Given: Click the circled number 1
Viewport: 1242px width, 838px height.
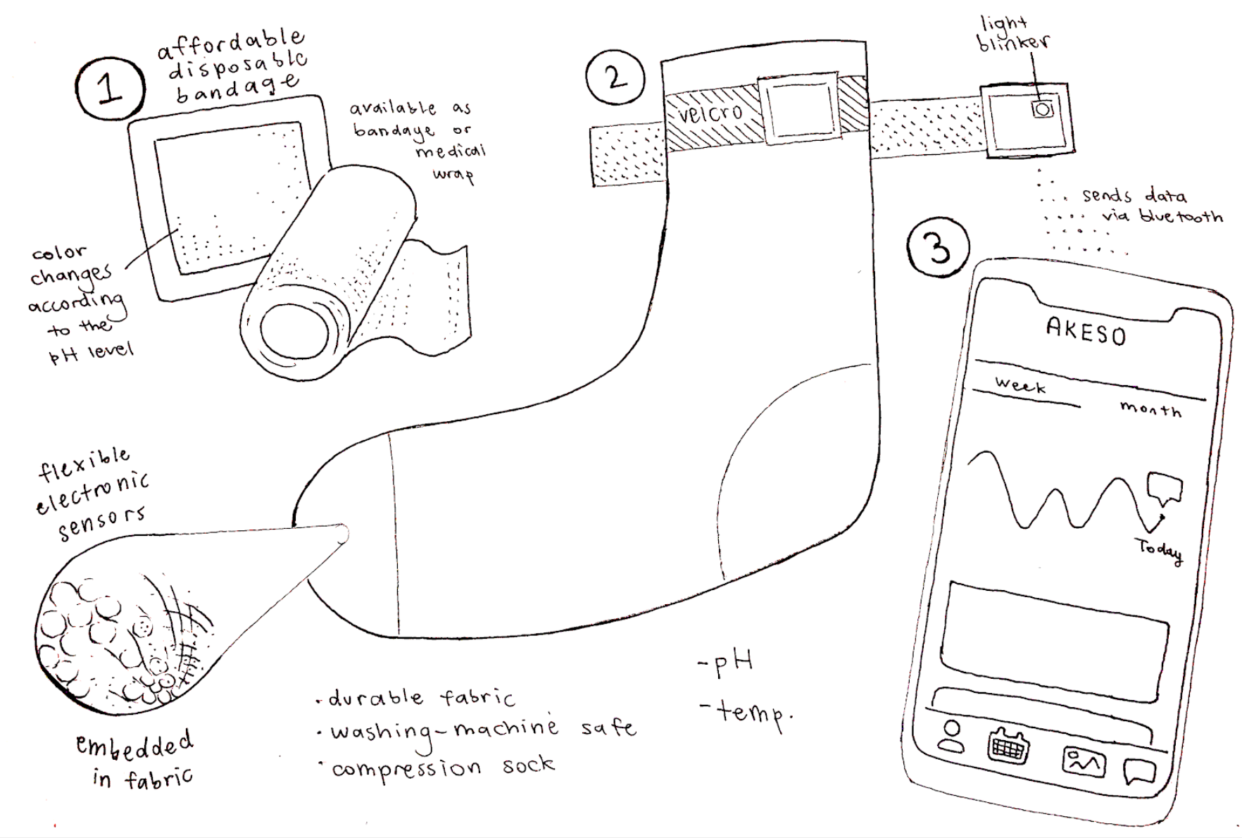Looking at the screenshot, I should (109, 90).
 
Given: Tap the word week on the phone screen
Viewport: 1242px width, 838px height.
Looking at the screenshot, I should (1020, 385).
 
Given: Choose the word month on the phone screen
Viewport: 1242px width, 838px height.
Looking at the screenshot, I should (1150, 409).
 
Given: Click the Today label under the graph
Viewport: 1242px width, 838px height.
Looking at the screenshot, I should (1159, 550).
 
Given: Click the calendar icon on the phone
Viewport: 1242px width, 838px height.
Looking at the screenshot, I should (1008, 746).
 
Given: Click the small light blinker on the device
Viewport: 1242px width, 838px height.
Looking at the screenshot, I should (1043, 109).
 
